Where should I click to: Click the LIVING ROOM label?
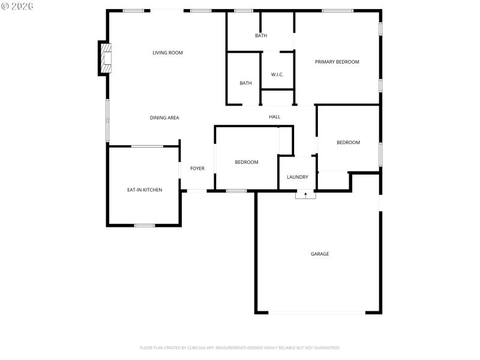[x=167, y=53]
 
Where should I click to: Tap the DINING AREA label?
[x=164, y=118]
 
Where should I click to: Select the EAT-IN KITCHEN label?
[x=145, y=190]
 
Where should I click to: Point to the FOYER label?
[x=197, y=169]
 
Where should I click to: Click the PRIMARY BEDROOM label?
[x=337, y=62]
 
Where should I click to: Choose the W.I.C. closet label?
[x=277, y=74]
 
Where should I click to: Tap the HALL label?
[x=275, y=117]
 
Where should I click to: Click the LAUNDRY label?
[x=298, y=177]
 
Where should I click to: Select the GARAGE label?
[x=320, y=254]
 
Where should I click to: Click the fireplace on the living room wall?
[x=106, y=58]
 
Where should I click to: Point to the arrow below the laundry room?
[x=305, y=195]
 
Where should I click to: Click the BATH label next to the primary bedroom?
[x=261, y=35]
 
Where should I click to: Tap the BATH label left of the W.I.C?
[x=245, y=83]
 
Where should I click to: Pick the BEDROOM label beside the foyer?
[x=247, y=162]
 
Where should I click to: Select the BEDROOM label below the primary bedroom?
[x=348, y=142]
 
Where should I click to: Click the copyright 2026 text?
[x=17, y=6]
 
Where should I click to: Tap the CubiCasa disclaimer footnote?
[x=239, y=347]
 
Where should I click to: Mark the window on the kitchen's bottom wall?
[x=145, y=226]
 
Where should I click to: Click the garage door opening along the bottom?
[x=316, y=312]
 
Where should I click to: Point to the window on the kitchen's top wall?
[x=147, y=146]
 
